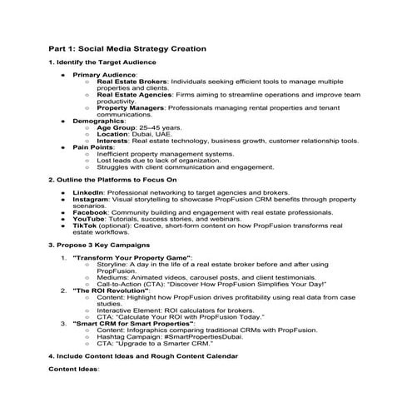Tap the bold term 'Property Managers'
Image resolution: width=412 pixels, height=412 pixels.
[x=130, y=107]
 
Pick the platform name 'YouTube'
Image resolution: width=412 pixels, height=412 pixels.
[x=89, y=220]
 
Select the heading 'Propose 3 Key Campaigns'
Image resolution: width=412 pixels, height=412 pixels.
[x=98, y=246]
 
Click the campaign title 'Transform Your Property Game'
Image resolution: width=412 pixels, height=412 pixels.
[x=133, y=259]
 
